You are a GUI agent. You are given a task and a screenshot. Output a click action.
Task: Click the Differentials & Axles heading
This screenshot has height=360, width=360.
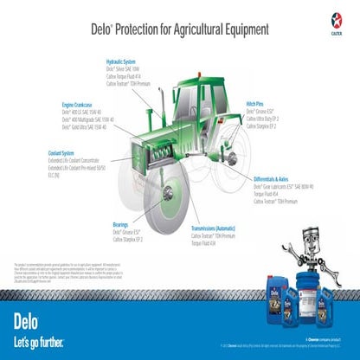pos(281,177)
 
